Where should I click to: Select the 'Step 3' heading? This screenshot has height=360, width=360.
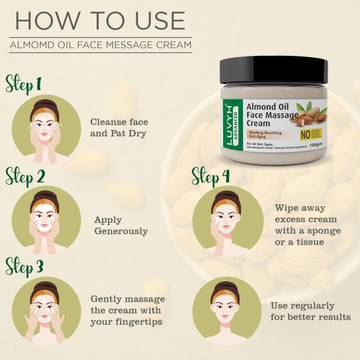click(24, 266)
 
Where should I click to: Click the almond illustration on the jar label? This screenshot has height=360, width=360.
click(310, 111)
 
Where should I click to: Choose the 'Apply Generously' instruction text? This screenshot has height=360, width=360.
click(121, 226)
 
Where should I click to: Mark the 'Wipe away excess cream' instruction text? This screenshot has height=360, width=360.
click(308, 224)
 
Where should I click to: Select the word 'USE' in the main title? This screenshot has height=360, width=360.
click(149, 20)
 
